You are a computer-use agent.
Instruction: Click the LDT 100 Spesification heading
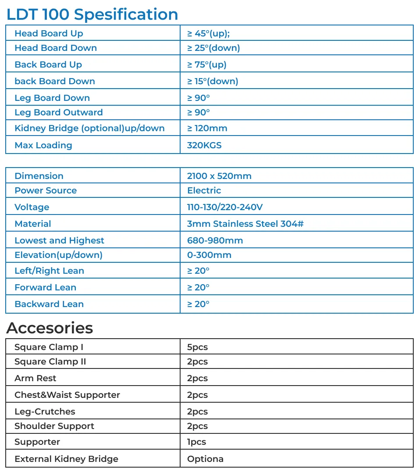point(92,14)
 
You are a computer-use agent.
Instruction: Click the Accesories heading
point(50,328)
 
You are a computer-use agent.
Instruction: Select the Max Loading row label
point(43,145)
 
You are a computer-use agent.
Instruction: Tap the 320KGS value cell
point(204,145)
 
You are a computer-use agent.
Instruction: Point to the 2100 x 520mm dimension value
point(219,176)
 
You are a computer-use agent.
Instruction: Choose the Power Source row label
point(46,190)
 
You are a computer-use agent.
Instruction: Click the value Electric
point(204,190)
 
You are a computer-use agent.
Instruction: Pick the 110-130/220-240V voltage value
point(225,207)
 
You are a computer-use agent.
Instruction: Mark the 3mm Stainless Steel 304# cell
point(245,224)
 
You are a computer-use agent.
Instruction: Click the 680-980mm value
point(215,240)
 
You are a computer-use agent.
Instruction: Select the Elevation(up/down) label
point(58,255)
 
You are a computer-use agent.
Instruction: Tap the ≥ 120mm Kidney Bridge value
point(207,128)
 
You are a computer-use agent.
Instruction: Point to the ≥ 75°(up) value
point(207,64)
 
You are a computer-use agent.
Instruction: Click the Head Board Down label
point(56,48)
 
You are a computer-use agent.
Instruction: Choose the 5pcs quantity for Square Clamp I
point(197,347)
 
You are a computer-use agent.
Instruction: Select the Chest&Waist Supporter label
point(67,395)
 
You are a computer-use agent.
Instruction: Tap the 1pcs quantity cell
point(196,442)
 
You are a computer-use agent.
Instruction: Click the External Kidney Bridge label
point(66,459)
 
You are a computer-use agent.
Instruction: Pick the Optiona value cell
point(205,459)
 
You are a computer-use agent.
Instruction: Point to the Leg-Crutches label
point(45,411)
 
